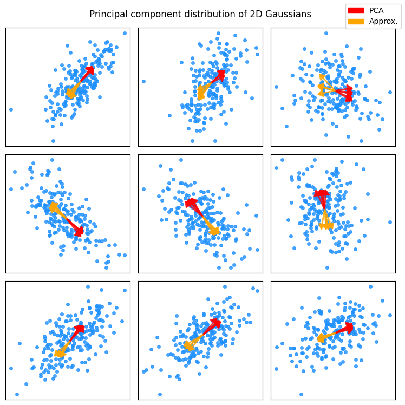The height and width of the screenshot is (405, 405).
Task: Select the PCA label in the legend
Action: point(376,10)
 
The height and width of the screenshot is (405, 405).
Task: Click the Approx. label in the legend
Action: point(383,21)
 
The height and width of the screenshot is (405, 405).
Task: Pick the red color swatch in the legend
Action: point(356,10)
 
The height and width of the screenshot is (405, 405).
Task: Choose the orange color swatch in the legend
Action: point(356,21)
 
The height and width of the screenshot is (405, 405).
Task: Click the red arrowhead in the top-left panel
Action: point(89,71)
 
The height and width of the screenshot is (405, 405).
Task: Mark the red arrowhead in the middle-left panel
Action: point(79,231)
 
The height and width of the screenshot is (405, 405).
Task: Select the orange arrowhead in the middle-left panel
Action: point(53,207)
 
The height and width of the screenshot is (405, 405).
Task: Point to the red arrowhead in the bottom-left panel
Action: point(80,329)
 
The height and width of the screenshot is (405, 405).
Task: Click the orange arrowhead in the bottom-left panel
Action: point(59,353)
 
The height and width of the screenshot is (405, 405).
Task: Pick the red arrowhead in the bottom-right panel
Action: point(348,328)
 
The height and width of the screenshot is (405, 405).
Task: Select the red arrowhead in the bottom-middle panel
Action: point(215,323)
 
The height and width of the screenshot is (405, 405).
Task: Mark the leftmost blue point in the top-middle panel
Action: point(143,81)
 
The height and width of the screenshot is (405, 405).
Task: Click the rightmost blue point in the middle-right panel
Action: point(390,222)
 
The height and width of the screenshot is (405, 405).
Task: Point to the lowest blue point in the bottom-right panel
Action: point(301,394)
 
